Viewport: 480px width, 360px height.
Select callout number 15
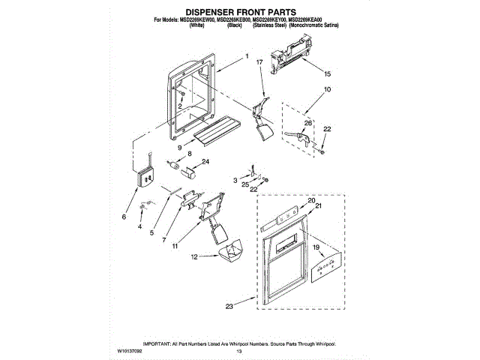[x=327, y=74]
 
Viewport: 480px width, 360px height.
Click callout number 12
[x=194, y=256]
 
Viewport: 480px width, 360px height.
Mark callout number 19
[x=316, y=247]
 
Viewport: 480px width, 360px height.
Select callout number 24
[x=205, y=161]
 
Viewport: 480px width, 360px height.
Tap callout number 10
[x=327, y=90]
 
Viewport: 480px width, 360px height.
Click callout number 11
[x=175, y=245]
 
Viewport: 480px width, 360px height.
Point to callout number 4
[x=139, y=225]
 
